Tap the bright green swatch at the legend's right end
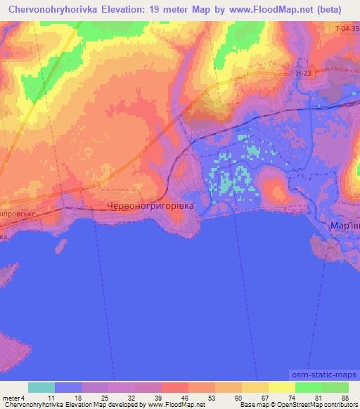click(x=335, y=387)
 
